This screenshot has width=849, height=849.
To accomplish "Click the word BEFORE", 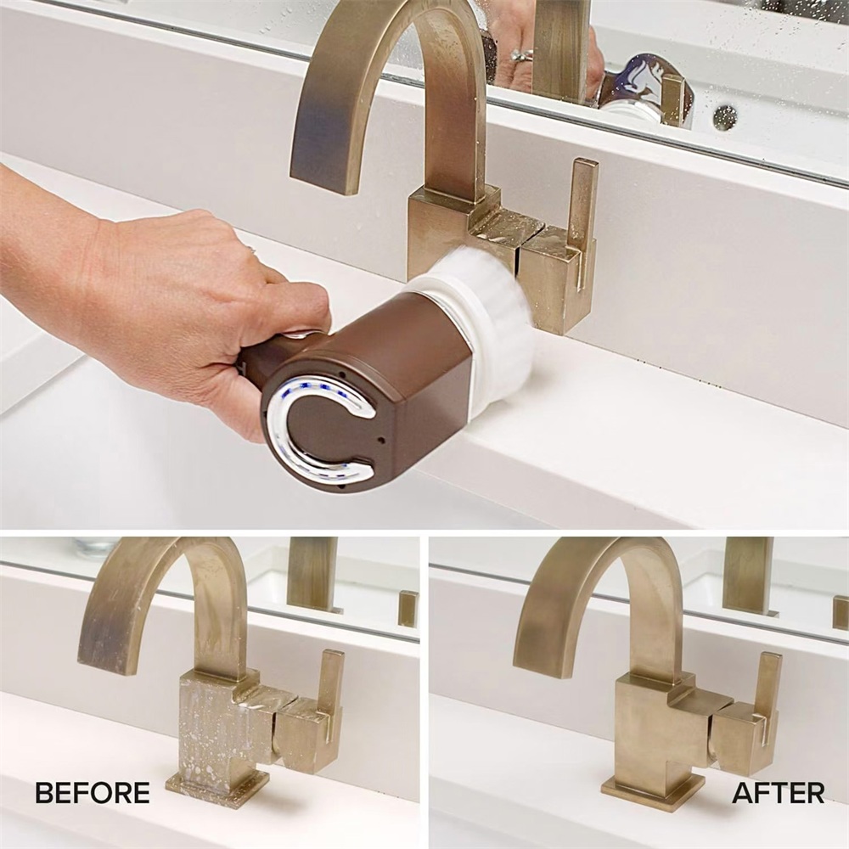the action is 93,793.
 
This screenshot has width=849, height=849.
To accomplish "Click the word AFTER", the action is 779,793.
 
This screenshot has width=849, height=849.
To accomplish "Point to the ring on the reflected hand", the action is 522,54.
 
